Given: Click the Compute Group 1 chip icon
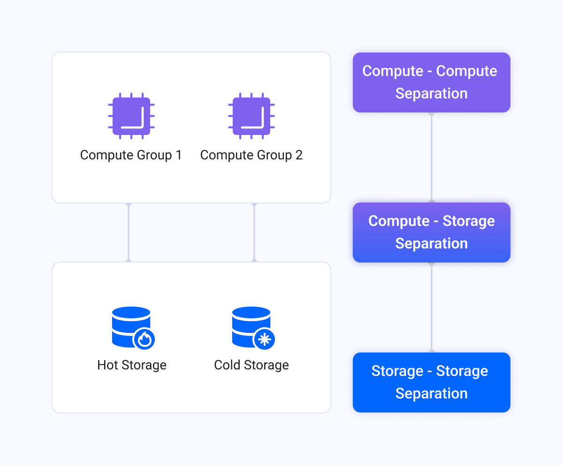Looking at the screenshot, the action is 131,116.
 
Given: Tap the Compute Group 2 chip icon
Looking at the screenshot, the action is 251,116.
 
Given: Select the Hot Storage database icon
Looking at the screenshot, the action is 133,328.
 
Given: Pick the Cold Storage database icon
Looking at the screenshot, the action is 253,328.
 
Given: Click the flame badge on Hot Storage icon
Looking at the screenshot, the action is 144,339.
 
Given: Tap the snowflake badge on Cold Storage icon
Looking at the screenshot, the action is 264,339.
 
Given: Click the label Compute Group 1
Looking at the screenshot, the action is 131,155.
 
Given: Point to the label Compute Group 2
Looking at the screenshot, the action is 251,155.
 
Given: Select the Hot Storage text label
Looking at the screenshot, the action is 132,365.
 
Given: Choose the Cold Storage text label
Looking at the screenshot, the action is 251,365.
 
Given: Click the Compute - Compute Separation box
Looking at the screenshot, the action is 432,82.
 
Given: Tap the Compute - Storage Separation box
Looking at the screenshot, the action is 432,232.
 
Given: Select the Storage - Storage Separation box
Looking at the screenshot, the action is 432,382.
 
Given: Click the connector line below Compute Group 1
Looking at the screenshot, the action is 129,232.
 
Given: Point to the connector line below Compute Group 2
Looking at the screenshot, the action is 254,232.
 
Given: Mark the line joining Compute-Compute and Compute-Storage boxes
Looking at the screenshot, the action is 432,157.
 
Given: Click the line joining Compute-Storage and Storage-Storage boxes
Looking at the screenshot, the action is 432,307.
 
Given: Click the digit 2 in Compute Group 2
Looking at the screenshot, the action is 299,155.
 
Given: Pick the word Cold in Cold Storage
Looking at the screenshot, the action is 227,365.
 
